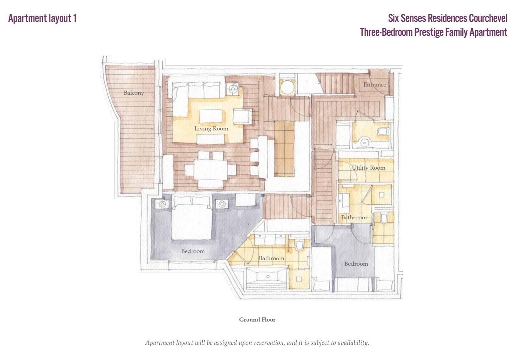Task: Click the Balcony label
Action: (134, 93)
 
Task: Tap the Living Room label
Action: (211, 129)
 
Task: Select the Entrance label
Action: (375, 84)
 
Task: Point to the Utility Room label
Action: (369, 168)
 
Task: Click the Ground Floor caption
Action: (257, 319)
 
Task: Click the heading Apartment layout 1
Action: (42, 18)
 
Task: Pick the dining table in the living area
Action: (210, 170)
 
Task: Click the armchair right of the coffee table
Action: (243, 116)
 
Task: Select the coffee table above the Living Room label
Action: (210, 116)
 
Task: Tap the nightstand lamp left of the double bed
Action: (162, 204)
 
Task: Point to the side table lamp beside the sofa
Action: (233, 89)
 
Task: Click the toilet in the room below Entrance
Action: (383, 132)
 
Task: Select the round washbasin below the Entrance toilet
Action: (364, 142)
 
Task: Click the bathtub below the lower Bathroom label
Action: (267, 278)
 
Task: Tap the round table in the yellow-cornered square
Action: (287, 87)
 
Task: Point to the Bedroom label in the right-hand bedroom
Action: (356, 264)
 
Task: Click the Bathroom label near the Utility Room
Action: (354, 218)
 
